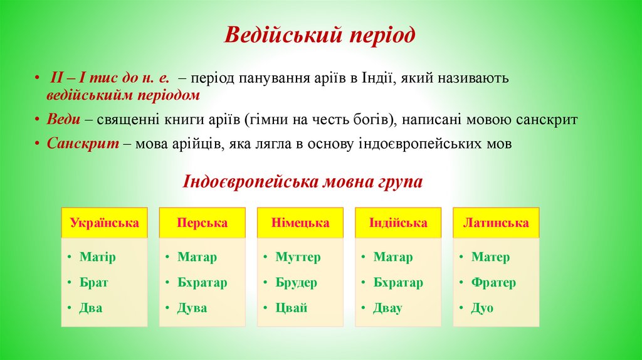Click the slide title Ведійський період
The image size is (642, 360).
pyautogui.click(x=320, y=35)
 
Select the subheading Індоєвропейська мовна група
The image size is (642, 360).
pyautogui.click(x=303, y=182)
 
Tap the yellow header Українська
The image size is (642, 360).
pyautogui.click(x=105, y=223)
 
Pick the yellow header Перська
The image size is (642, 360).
pyautogui.click(x=202, y=223)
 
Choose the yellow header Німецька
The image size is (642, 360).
pyautogui.click(x=300, y=223)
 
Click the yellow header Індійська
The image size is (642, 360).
pyautogui.click(x=398, y=223)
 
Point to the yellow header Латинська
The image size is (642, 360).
pyautogui.click(x=496, y=223)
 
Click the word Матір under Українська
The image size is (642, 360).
pyautogui.click(x=98, y=257)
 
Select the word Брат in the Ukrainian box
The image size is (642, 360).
pyautogui.click(x=94, y=283)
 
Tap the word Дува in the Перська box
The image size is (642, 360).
pyautogui.click(x=192, y=308)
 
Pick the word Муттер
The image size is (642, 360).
pyautogui.click(x=298, y=257)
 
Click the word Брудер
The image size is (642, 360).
pyautogui.click(x=296, y=283)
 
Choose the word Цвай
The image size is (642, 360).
pyautogui.click(x=291, y=308)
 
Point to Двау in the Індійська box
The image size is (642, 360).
pyautogui.click(x=387, y=308)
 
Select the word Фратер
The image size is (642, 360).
pyautogui.click(x=493, y=283)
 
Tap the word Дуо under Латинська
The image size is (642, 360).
pyautogui.click(x=482, y=308)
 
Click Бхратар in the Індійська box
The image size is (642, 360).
pyautogui.click(x=398, y=283)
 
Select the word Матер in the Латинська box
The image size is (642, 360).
pyautogui.click(x=490, y=257)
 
